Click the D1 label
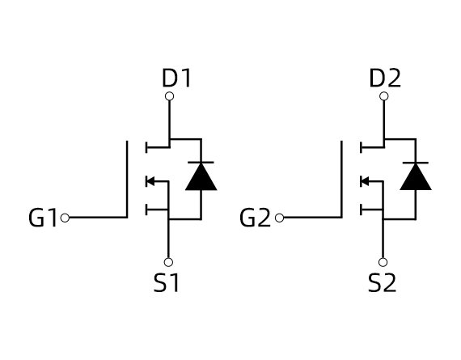pyautogui.click(x=176, y=78)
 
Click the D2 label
pyautogui.click(x=384, y=78)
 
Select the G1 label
pyautogui.click(x=43, y=218)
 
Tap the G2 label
pyautogui.click(x=256, y=218)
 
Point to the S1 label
pyautogui.click(x=167, y=284)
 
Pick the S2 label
pyautogui.click(x=382, y=284)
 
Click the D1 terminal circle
pyautogui.click(x=169, y=96)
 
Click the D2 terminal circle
pyautogui.click(x=383, y=96)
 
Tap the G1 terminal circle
pyautogui.click(x=65, y=218)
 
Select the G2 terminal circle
pyautogui.click(x=279, y=218)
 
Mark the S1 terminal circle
pyautogui.click(x=169, y=262)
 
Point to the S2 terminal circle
pyautogui.click(x=383, y=262)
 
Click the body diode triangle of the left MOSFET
pyautogui.click(x=201, y=177)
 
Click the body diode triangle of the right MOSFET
pyautogui.click(x=416, y=177)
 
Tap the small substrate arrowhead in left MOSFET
pyautogui.click(x=150, y=181)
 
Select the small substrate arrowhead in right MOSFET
pyautogui.click(x=364, y=181)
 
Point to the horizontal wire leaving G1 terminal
pyautogui.click(x=97, y=218)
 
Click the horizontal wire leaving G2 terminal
pyautogui.click(x=311, y=218)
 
